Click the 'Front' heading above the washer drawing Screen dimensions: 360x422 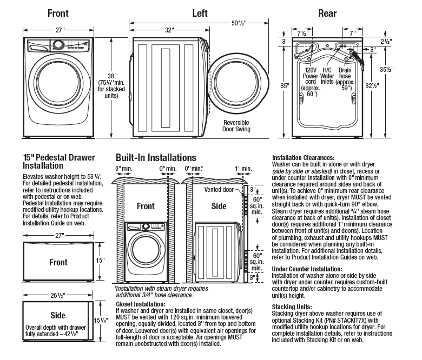point(57,13)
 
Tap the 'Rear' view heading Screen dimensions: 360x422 point(327,13)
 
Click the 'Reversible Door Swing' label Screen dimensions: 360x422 point(236,126)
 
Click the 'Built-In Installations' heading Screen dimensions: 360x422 point(156,157)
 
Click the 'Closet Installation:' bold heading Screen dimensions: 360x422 point(140,304)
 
